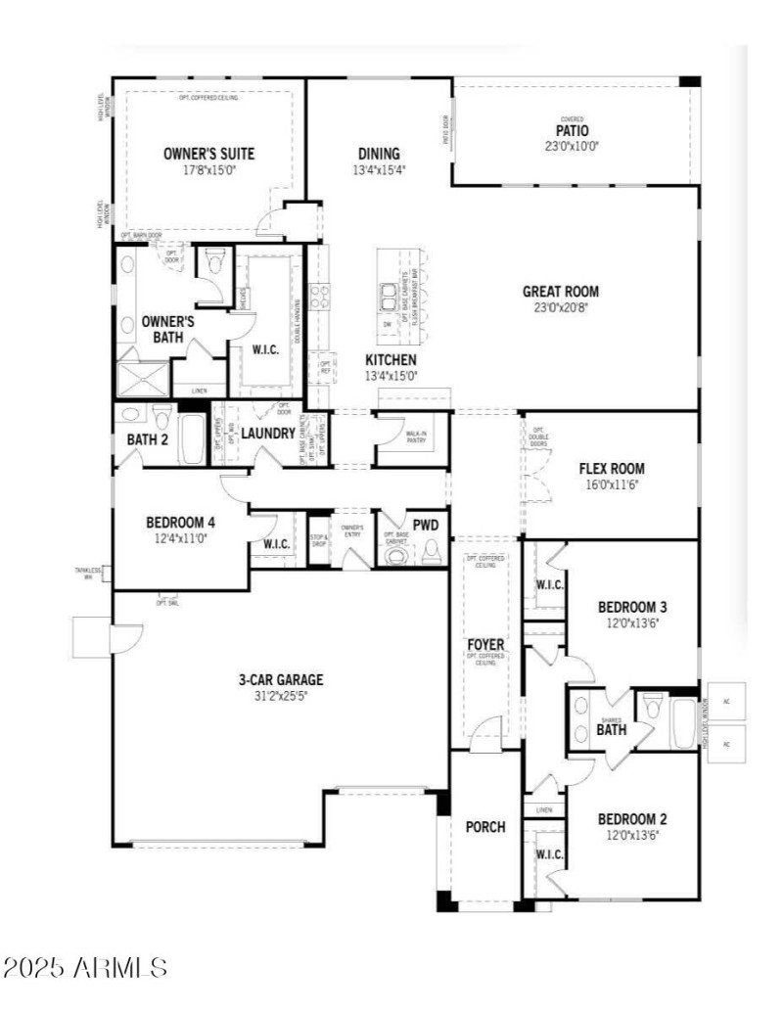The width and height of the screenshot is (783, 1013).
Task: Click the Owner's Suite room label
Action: click(208, 154)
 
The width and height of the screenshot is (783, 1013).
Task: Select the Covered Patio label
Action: click(573, 130)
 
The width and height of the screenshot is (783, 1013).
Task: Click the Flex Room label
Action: click(612, 469)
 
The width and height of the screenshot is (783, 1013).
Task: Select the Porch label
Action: click(484, 827)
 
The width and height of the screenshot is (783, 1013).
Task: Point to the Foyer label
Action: click(485, 644)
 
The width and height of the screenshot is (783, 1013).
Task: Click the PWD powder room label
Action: click(425, 526)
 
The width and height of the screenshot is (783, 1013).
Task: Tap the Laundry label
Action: click(268, 432)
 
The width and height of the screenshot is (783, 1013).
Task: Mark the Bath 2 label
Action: click(148, 439)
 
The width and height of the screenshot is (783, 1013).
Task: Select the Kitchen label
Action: click(391, 360)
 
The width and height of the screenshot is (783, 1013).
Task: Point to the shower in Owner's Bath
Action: click(144, 378)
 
